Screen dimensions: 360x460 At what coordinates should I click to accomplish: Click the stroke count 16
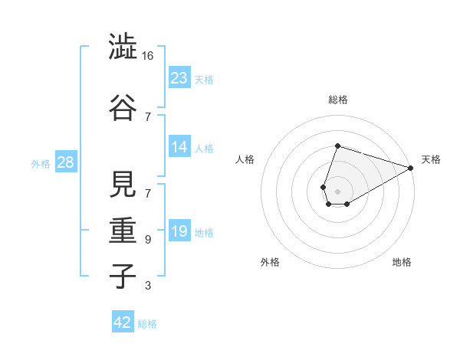click(x=149, y=56)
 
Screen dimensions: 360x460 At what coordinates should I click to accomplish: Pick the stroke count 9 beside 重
click(x=148, y=240)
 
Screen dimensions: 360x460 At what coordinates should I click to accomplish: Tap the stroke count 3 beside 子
click(x=148, y=286)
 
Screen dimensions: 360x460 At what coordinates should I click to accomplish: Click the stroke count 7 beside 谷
click(x=148, y=116)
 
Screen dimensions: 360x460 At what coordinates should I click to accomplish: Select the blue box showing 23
click(x=179, y=77)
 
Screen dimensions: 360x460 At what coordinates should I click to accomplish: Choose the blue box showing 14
click(x=179, y=147)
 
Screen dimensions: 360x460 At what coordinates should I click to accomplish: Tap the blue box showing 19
click(x=179, y=231)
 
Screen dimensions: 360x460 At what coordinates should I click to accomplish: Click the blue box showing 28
click(x=65, y=162)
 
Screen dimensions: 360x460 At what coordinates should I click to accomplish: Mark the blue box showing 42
click(x=123, y=322)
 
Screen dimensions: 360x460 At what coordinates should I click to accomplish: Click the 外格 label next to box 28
click(x=41, y=163)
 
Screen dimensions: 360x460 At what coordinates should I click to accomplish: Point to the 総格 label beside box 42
click(x=147, y=324)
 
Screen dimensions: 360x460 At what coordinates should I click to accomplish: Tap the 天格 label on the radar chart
click(x=431, y=159)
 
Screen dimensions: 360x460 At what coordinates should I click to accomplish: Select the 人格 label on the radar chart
click(x=245, y=159)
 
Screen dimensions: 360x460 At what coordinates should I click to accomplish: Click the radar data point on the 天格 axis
click(x=411, y=168)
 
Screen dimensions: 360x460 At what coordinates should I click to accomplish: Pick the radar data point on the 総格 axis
click(x=337, y=146)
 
